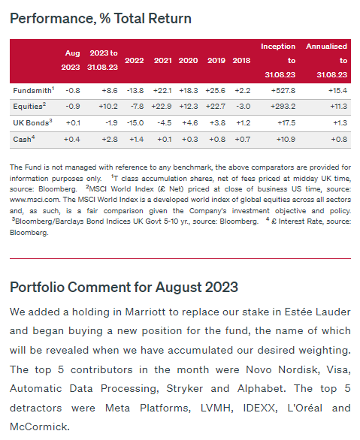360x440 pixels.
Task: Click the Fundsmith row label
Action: pyautogui.click(x=33, y=90)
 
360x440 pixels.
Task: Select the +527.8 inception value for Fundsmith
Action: pyautogui.click(x=283, y=91)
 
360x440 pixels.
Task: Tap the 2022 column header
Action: pyautogui.click(x=135, y=61)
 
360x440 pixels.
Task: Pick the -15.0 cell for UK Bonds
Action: pyautogui.click(x=135, y=123)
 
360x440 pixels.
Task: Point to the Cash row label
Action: pyautogui.click(x=24, y=139)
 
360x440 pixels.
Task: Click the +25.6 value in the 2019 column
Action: pyautogui.click(x=216, y=91)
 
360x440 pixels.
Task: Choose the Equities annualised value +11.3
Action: pyautogui.click(x=338, y=107)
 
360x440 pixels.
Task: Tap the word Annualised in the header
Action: pyautogui.click(x=327, y=47)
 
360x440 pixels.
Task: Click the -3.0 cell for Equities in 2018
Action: pyautogui.click(x=244, y=107)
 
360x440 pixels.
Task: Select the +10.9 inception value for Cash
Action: pyautogui.click(x=286, y=140)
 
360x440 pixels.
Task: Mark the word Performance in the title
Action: pyautogui.click(x=51, y=19)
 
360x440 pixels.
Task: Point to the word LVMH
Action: pyautogui.click(x=217, y=408)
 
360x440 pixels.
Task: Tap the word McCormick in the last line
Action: pyautogui.click(x=40, y=426)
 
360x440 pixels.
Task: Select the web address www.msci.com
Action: pyautogui.click(x=35, y=200)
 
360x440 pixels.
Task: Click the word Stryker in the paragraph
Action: pyautogui.click(x=184, y=389)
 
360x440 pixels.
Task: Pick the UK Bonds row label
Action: pyautogui.click(x=32, y=122)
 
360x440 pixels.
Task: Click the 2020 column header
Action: pyautogui.click(x=188, y=61)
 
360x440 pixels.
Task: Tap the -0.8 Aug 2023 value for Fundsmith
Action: pyautogui.click(x=73, y=91)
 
